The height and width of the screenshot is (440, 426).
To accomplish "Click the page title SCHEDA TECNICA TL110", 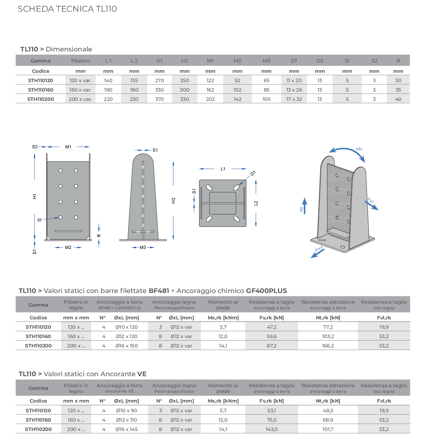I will coord(67,9).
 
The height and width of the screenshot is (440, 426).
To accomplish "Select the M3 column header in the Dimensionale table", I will coord(266,61).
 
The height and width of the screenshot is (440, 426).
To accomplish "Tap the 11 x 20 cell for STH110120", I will coord(294,81).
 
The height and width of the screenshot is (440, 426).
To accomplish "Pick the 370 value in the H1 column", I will coord(160,99).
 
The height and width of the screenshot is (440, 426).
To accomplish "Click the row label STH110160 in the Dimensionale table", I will coord(40,90).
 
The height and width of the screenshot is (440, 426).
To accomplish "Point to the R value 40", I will coord(398,99).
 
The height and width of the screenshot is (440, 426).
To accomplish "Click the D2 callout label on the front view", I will coord(39,220).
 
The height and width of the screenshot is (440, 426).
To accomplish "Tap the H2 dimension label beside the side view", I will coord(173,200).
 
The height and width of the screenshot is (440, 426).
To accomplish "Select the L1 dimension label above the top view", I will coord(223,169).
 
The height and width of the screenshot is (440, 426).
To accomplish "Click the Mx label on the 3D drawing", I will coord(359,149).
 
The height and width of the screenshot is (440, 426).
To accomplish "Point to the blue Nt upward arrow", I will coord(304,205).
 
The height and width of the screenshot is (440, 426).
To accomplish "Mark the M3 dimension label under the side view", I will coord(143,248).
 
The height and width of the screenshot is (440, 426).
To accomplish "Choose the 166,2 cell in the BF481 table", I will coord(328,346).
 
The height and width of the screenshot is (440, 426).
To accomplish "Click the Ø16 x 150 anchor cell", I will coord(127,346).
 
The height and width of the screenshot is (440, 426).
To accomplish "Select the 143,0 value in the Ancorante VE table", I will coord(271,429).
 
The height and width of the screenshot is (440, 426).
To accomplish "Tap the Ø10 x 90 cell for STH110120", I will coord(127,411).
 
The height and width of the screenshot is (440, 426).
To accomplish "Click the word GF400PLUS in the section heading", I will coord(266,291).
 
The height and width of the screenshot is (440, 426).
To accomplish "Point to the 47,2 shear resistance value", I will coord(271,327).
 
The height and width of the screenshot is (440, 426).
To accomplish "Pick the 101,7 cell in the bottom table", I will coord(328,429).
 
